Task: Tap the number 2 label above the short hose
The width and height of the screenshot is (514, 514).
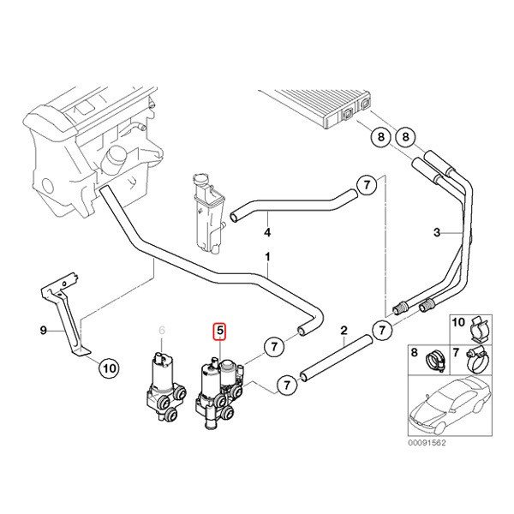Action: click(x=344, y=330)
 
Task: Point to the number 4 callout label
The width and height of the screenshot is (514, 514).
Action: click(x=267, y=232)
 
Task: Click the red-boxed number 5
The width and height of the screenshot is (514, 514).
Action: click(x=219, y=330)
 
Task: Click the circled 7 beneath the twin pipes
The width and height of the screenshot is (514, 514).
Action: click(x=381, y=330)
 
